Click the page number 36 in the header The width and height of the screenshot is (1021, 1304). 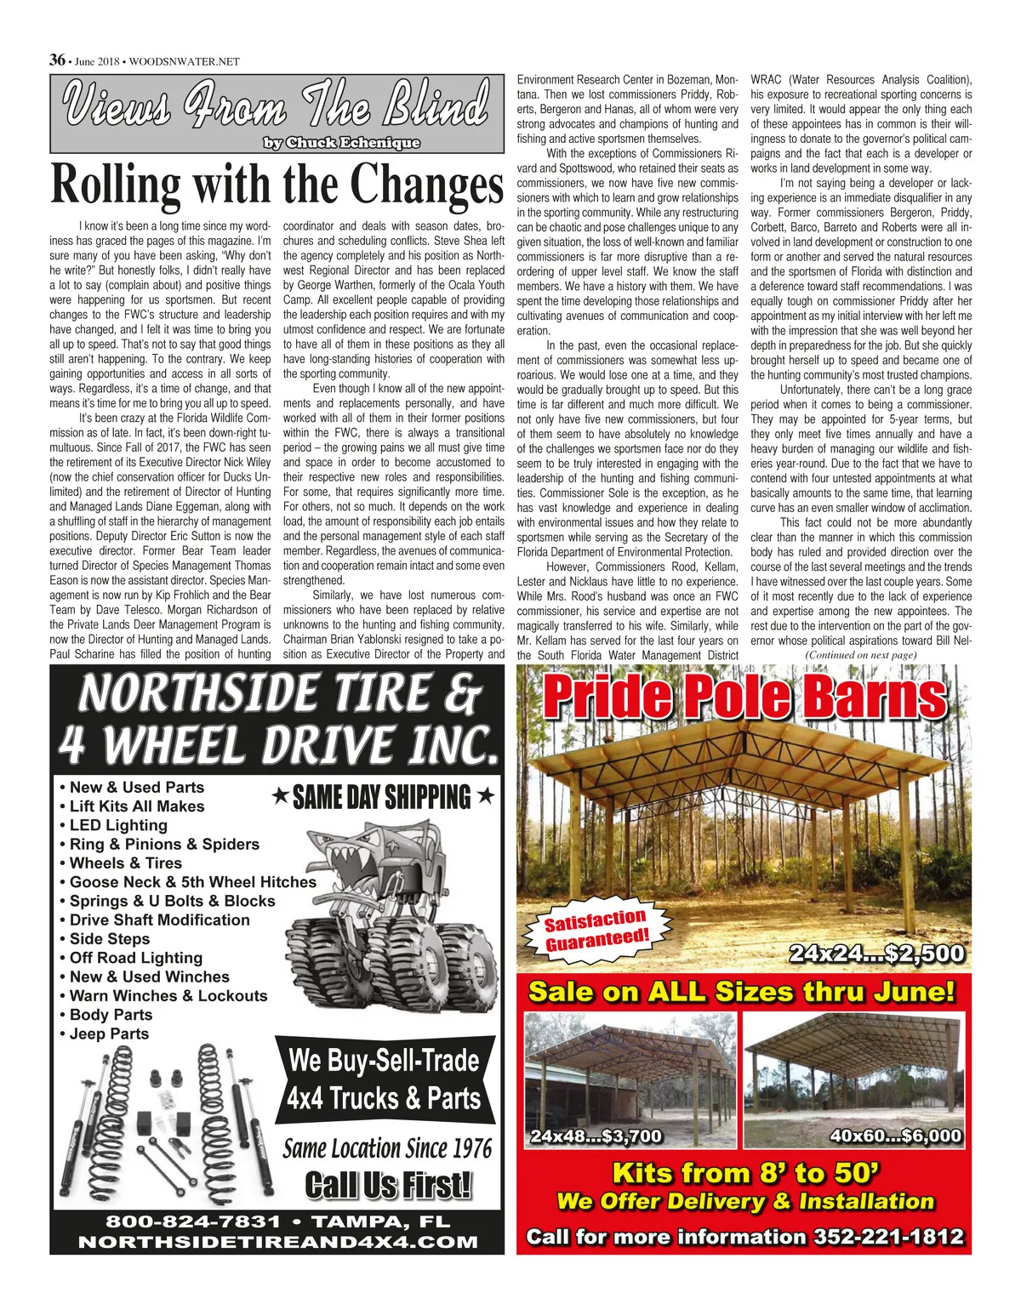pos(57,60)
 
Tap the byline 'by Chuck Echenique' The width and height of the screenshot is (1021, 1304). pos(341,143)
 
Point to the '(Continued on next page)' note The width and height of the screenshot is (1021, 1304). pos(860,655)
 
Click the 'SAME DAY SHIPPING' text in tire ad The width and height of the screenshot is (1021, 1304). pos(382,797)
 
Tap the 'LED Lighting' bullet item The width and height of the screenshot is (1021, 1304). pos(118,825)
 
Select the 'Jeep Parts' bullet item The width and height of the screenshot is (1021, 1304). pos(109,1034)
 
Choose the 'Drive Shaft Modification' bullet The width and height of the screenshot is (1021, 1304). pos(159,920)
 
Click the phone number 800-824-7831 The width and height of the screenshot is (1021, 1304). pos(192,1221)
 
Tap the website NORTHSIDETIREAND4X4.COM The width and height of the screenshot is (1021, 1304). pos(277,1242)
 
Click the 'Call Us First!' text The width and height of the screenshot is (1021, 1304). pos(388,1185)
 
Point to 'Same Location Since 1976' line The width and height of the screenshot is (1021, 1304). pos(387,1149)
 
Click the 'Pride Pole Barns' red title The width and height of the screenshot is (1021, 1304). pos(744,698)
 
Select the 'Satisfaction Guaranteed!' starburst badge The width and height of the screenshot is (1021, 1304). pos(597,930)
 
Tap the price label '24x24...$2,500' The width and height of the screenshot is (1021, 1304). pos(876,954)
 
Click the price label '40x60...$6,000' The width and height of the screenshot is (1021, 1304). pos(895,1136)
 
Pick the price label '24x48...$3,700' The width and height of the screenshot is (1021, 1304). pos(596,1136)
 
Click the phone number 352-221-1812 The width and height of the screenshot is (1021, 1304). pos(888,1237)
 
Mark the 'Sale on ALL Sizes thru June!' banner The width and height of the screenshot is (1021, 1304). pos(742,992)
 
